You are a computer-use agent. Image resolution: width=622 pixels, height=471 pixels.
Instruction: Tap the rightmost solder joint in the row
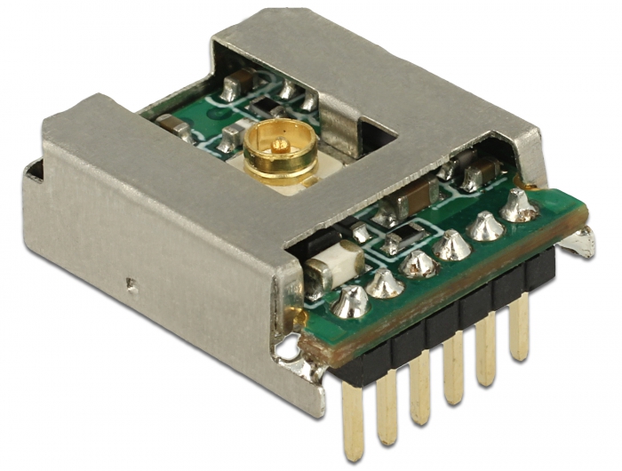point(518,206)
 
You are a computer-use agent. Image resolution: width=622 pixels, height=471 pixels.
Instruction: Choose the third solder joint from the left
point(419,263)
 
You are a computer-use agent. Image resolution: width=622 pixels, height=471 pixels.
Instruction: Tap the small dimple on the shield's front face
point(132,285)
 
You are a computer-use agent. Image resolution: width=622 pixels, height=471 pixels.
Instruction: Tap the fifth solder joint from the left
point(485,226)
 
